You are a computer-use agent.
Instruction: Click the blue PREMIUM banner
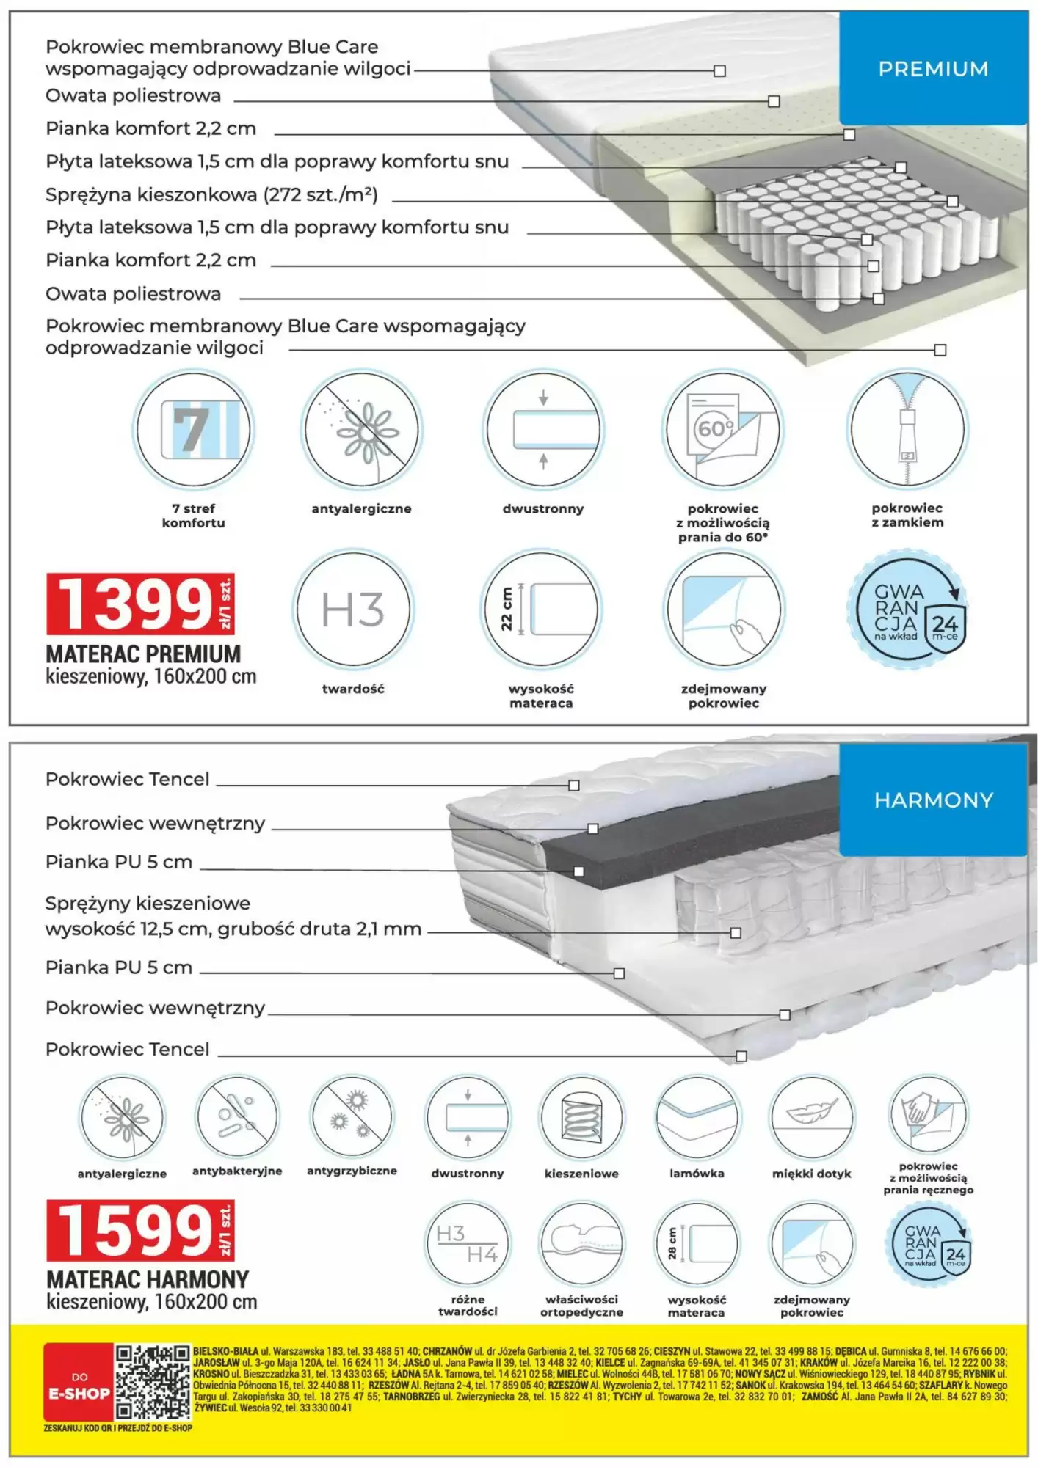932,69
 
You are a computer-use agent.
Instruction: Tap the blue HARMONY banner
932,800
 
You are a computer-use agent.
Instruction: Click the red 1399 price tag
139,604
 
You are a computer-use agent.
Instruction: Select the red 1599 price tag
139,1230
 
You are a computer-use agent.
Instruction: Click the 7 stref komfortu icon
194,429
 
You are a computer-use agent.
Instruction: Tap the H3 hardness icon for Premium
353,610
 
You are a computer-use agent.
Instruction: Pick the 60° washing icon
723,429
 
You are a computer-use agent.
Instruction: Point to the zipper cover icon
907,429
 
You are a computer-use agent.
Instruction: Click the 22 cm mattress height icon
542,610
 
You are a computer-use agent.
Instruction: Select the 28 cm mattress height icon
697,1244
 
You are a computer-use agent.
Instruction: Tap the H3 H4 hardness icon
468,1244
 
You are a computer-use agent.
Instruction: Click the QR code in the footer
153,1382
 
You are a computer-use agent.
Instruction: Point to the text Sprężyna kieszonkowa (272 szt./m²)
211,195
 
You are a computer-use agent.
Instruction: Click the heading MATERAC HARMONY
148,1279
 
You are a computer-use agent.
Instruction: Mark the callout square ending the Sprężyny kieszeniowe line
736,933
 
